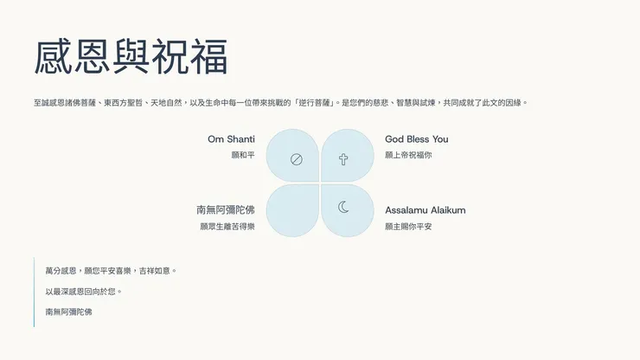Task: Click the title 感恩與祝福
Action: pyautogui.click(x=131, y=57)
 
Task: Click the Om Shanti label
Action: pyautogui.click(x=231, y=139)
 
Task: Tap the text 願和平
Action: pyautogui.click(x=243, y=155)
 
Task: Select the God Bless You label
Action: pyautogui.click(x=416, y=139)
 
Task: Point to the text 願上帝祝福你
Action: pyautogui.click(x=408, y=155)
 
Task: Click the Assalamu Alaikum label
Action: pyautogui.click(x=425, y=210)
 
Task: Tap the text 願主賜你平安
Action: pyautogui.click(x=408, y=226)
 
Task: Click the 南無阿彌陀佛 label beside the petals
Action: pyautogui.click(x=226, y=210)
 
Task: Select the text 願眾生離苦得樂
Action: pyautogui.click(x=227, y=226)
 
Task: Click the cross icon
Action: pyautogui.click(x=343, y=159)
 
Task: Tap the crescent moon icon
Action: pyautogui.click(x=343, y=207)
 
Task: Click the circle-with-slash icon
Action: pyautogui.click(x=296, y=159)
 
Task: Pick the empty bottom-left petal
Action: pyautogui.click(x=293, y=210)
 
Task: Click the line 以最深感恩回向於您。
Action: pyautogui.click(x=84, y=292)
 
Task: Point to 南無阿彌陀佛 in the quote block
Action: pyautogui.click(x=68, y=312)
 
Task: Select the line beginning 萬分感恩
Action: pyautogui.click(x=111, y=271)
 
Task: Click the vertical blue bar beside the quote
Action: pyautogui.click(x=35, y=292)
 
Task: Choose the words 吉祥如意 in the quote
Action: pyautogui.click(x=157, y=271)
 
